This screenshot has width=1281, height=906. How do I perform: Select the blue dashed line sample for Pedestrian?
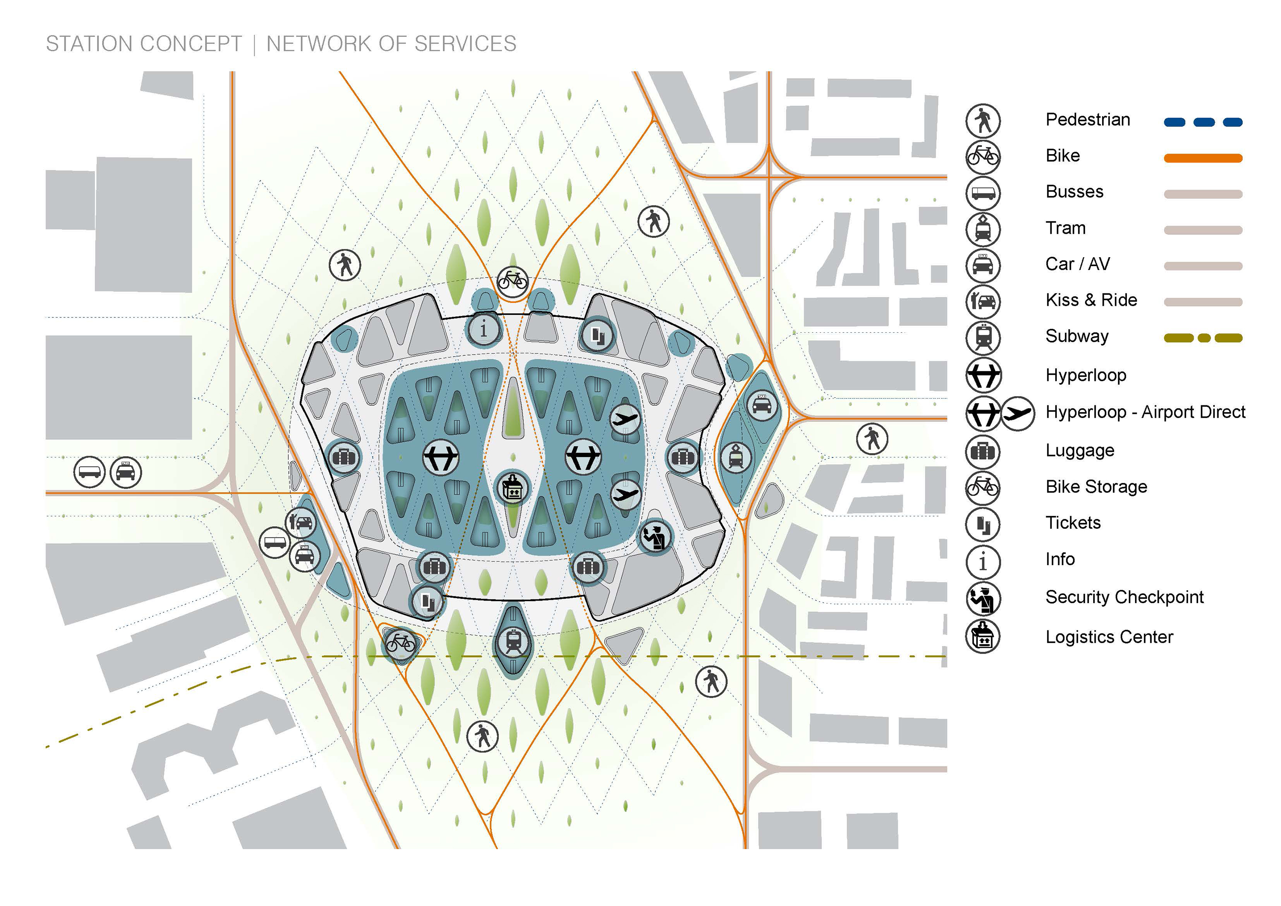pyautogui.click(x=1203, y=122)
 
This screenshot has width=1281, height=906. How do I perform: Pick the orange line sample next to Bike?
pyautogui.click(x=1203, y=158)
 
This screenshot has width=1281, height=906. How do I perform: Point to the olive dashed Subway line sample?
pyautogui.click(x=1203, y=338)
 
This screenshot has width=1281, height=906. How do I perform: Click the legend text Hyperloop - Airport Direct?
pyautogui.click(x=1145, y=412)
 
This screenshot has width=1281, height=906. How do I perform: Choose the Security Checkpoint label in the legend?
pyautogui.click(x=1124, y=597)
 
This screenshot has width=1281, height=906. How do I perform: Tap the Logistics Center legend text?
pyautogui.click(x=1109, y=637)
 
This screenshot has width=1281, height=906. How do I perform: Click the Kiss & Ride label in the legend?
pyautogui.click(x=1091, y=300)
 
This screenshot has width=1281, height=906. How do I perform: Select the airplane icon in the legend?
pyautogui.click(x=1018, y=413)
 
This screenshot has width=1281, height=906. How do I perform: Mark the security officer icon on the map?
pyautogui.click(x=655, y=537)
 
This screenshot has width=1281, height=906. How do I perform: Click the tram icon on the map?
pyautogui.click(x=736, y=458)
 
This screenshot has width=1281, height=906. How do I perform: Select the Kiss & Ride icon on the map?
pyautogui.click(x=301, y=522)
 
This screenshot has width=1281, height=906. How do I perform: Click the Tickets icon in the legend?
pyautogui.click(x=983, y=524)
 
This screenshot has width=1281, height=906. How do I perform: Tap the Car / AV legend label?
pyautogui.click(x=1077, y=264)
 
